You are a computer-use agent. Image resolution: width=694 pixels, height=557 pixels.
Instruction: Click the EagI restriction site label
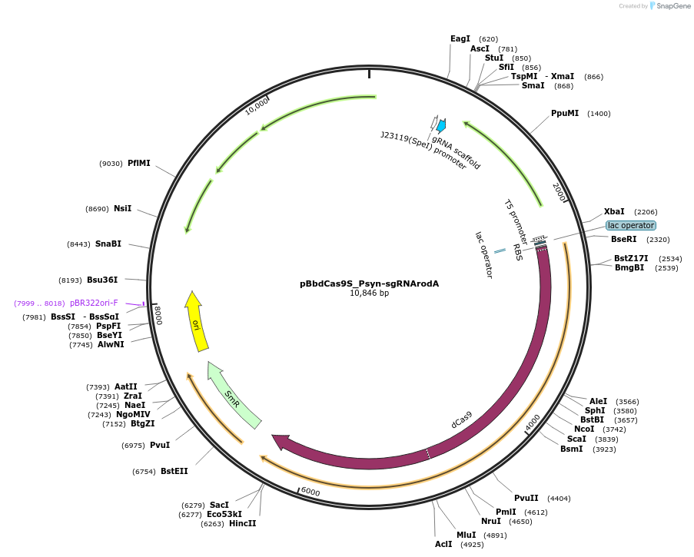[460, 38]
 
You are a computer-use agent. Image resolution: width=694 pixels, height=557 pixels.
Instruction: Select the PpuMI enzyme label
[565, 113]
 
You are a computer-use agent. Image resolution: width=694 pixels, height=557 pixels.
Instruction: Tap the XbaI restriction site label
[614, 211]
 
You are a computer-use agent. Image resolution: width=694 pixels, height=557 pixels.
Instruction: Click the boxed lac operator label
[631, 225]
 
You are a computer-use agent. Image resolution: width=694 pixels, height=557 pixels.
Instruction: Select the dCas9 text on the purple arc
[461, 419]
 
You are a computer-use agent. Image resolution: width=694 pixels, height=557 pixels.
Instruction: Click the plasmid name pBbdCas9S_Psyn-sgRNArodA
[369, 283]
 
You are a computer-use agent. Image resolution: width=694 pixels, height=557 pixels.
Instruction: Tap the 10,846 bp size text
[369, 293]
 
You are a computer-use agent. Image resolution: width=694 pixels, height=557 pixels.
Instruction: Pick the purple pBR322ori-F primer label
[94, 303]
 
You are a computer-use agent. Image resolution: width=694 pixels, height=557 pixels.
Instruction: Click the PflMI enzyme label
[139, 163]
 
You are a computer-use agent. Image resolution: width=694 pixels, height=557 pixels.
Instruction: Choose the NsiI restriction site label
[123, 208]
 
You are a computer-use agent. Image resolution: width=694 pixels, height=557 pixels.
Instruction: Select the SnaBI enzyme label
[108, 244]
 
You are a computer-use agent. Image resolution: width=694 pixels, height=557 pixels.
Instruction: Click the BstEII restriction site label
[174, 471]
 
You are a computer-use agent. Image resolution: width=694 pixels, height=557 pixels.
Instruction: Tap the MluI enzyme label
[467, 535]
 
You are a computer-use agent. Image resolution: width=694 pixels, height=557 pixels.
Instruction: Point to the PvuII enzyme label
[526, 498]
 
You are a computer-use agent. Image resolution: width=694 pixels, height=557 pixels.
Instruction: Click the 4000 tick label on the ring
[533, 423]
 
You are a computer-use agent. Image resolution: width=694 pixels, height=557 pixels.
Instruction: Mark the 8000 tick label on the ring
[158, 314]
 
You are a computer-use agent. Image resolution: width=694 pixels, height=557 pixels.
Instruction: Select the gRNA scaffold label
[456, 153]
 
